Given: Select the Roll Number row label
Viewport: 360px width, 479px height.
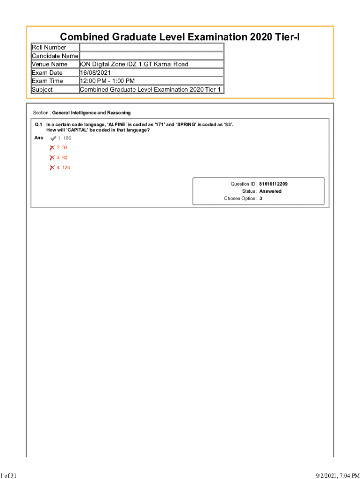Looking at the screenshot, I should (49, 47).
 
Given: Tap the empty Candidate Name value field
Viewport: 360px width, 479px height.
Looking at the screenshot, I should (151, 56).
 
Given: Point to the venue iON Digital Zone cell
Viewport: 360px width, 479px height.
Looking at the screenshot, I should (134, 64).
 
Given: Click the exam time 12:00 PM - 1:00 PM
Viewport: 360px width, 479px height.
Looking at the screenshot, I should (107, 81).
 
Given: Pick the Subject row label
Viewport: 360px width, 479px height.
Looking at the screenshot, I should (42, 89).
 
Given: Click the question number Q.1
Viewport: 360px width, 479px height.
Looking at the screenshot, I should (38, 125).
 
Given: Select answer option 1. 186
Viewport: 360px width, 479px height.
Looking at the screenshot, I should (64, 138).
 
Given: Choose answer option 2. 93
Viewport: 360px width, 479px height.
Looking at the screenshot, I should (62, 147).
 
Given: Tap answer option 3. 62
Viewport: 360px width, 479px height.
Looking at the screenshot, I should (62, 158).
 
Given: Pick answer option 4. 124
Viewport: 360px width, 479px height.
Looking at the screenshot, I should (64, 167).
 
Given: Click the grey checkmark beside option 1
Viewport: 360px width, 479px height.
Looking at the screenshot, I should (53, 138).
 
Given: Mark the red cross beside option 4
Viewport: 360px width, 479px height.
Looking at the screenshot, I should (52, 167).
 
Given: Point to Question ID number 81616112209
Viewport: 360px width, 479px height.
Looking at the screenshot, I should (277, 184).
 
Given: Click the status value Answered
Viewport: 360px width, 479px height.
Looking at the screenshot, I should (270, 191).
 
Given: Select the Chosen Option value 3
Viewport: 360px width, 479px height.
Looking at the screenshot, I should (261, 199).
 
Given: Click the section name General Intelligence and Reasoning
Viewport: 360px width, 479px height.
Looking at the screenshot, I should (91, 113).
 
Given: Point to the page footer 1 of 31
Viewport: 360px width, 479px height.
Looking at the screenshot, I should (9, 476).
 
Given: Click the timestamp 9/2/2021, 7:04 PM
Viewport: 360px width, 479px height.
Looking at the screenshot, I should (334, 476).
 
